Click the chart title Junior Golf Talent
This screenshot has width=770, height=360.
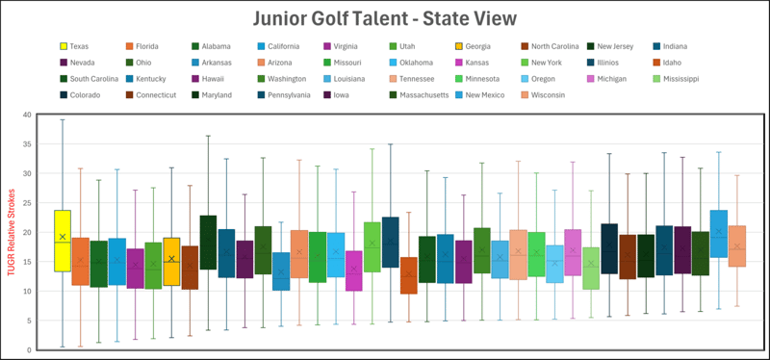pyautogui.click(x=385, y=18)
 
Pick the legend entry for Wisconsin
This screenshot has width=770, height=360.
pyautogui.click(x=544, y=95)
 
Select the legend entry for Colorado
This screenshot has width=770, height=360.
pyautogui.click(x=83, y=95)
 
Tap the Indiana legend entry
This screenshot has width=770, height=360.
pyautogui.click(x=672, y=46)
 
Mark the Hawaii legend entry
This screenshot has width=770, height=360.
pyautogui.click(x=214, y=79)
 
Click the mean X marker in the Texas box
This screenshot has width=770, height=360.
pyautogui.click(x=63, y=237)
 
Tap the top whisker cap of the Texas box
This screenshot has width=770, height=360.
pyautogui.click(x=63, y=120)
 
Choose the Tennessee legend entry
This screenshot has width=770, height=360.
pyautogui.click(x=414, y=79)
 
